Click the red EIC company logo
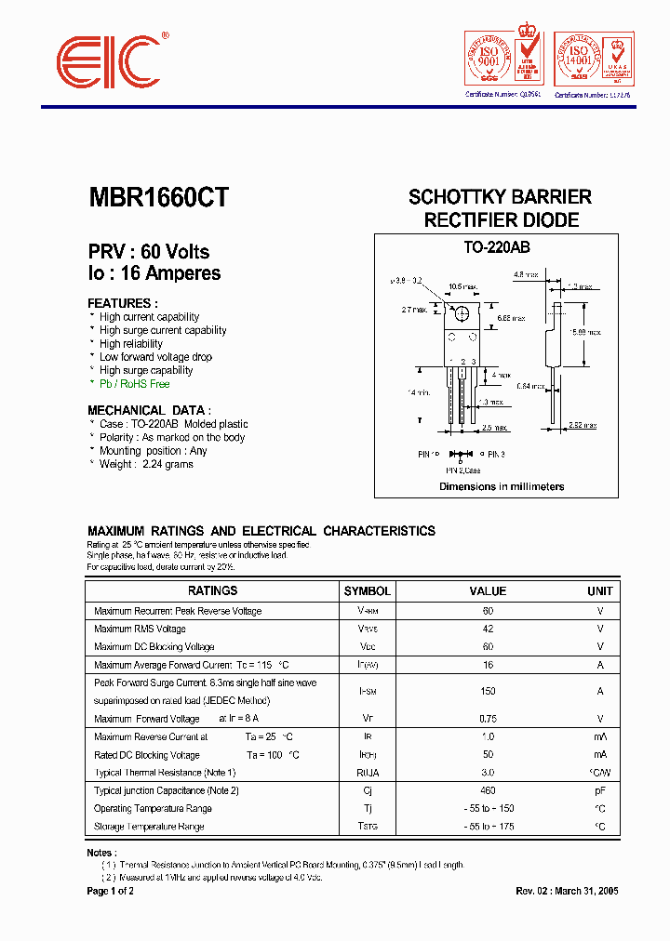(x=111, y=64)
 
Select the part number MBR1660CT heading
(x=158, y=197)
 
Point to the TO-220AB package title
(x=496, y=248)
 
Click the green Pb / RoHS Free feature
(x=134, y=383)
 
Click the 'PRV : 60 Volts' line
(x=149, y=252)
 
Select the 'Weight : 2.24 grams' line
(x=146, y=464)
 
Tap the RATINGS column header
(x=212, y=590)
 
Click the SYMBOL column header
(x=368, y=590)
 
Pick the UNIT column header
(x=599, y=590)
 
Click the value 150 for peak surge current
(x=488, y=691)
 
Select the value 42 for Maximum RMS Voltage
(x=488, y=629)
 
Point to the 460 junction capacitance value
(x=488, y=790)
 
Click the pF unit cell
(x=599, y=790)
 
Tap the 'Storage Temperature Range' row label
(x=149, y=826)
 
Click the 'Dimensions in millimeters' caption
(x=502, y=486)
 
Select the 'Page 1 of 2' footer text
(x=111, y=891)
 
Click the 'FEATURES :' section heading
(x=123, y=303)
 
